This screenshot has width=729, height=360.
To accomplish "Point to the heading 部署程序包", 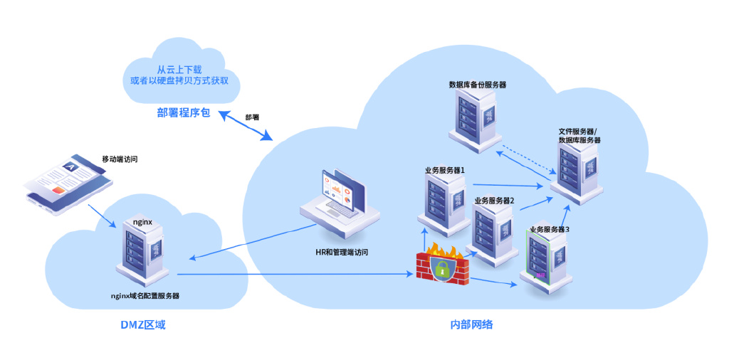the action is (184, 113).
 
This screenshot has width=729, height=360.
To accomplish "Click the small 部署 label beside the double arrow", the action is (252, 117).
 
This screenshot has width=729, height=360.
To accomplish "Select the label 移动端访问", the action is (120, 159).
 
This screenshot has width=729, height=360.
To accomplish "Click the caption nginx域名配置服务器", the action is (145, 296).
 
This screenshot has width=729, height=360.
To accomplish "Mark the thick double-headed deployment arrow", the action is (246, 125).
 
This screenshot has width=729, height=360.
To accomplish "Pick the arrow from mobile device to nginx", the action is (102, 216).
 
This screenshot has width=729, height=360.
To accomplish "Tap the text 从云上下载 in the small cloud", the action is (179, 70).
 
